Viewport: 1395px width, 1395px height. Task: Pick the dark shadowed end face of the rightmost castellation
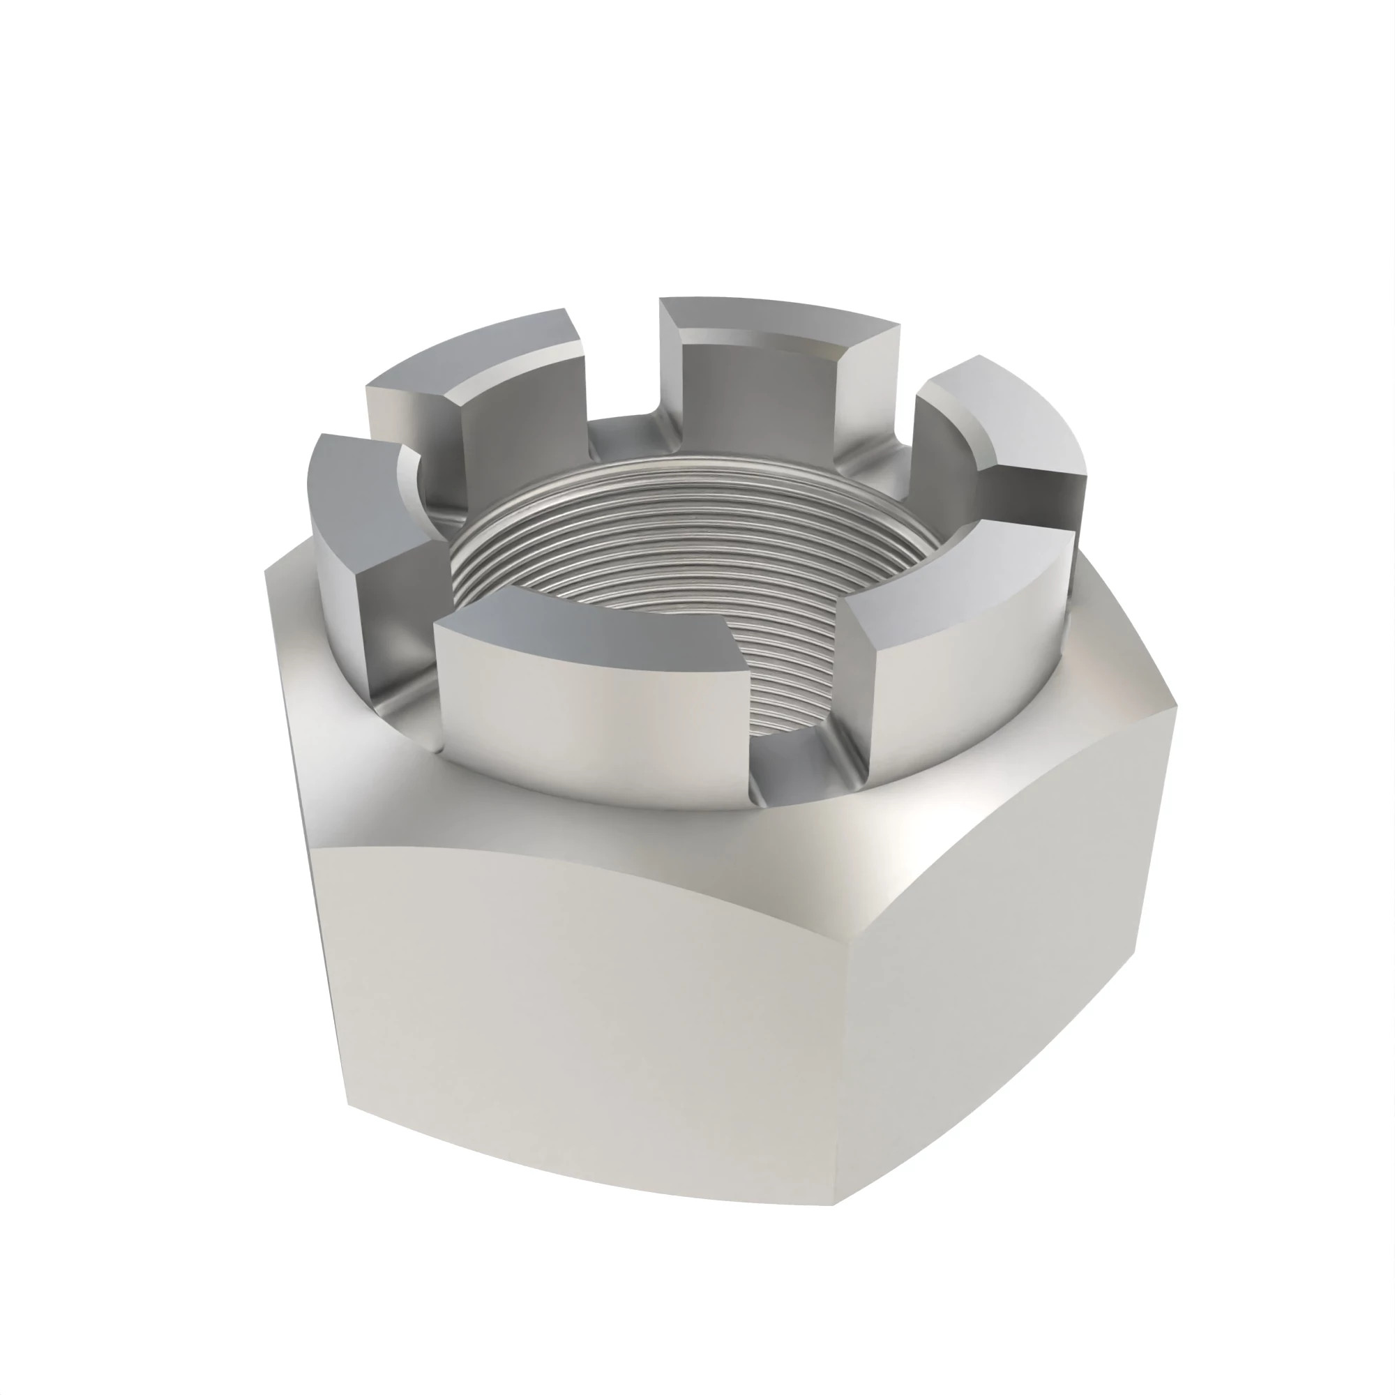(1040, 498)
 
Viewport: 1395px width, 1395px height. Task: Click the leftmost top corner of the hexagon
(267, 571)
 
